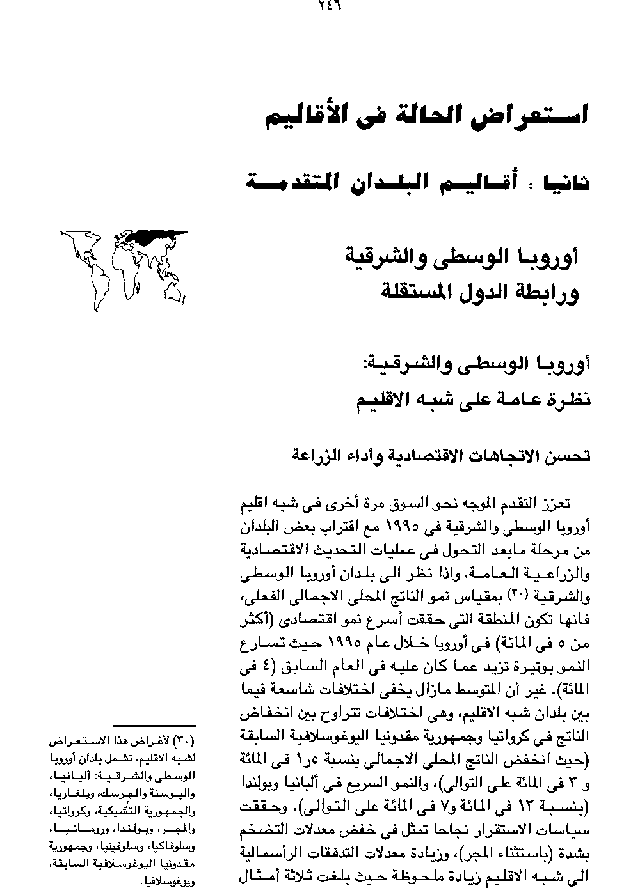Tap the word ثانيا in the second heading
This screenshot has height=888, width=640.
click(564, 183)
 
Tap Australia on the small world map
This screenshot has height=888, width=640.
click(175, 290)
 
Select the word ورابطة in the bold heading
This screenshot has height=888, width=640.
click(547, 293)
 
